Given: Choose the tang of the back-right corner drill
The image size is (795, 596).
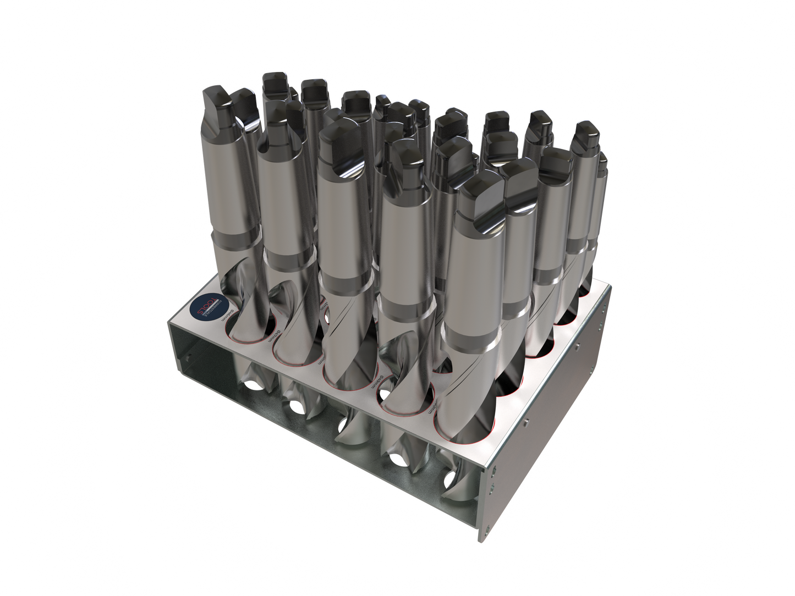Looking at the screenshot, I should [x=586, y=135].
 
